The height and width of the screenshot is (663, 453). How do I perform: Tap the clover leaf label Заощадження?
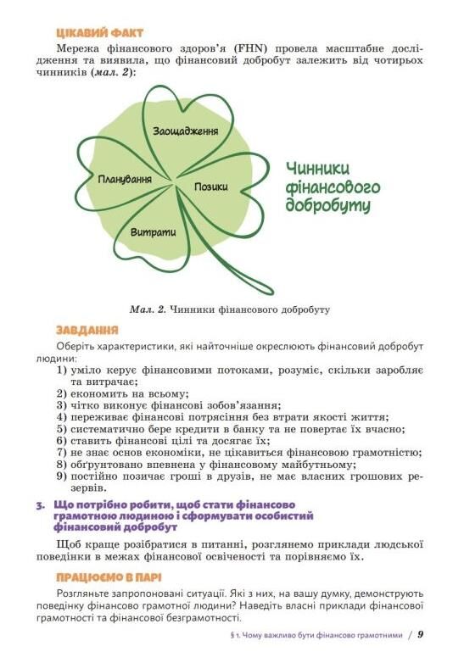(x=186, y=131)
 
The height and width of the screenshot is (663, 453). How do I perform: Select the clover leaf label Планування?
(x=126, y=180)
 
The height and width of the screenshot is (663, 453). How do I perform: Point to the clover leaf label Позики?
(x=211, y=187)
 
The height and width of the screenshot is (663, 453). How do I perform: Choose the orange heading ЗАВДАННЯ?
(x=87, y=329)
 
